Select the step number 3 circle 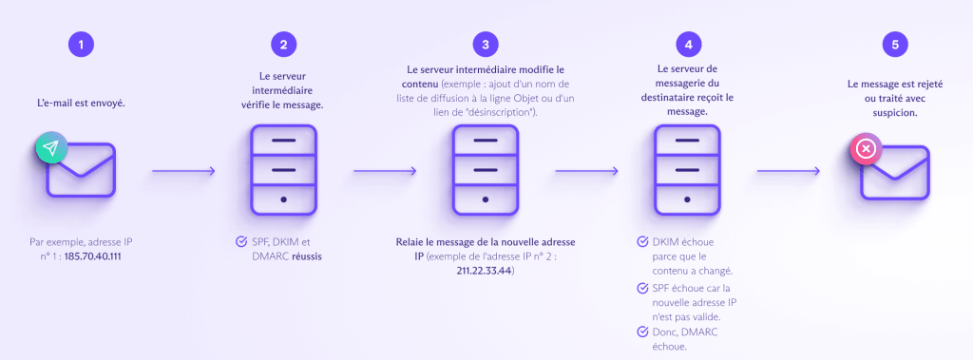(485, 45)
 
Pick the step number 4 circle (687, 45)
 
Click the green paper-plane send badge (51, 148)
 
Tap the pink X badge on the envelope (866, 149)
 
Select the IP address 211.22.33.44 (485, 271)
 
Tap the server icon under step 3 (485, 171)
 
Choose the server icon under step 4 (687, 171)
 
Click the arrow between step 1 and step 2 (182, 172)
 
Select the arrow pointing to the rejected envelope (789, 172)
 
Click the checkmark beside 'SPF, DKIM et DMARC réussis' (241, 242)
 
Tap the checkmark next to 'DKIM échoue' (643, 242)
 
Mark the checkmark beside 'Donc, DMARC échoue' (643, 331)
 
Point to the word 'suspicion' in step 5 (889, 112)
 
